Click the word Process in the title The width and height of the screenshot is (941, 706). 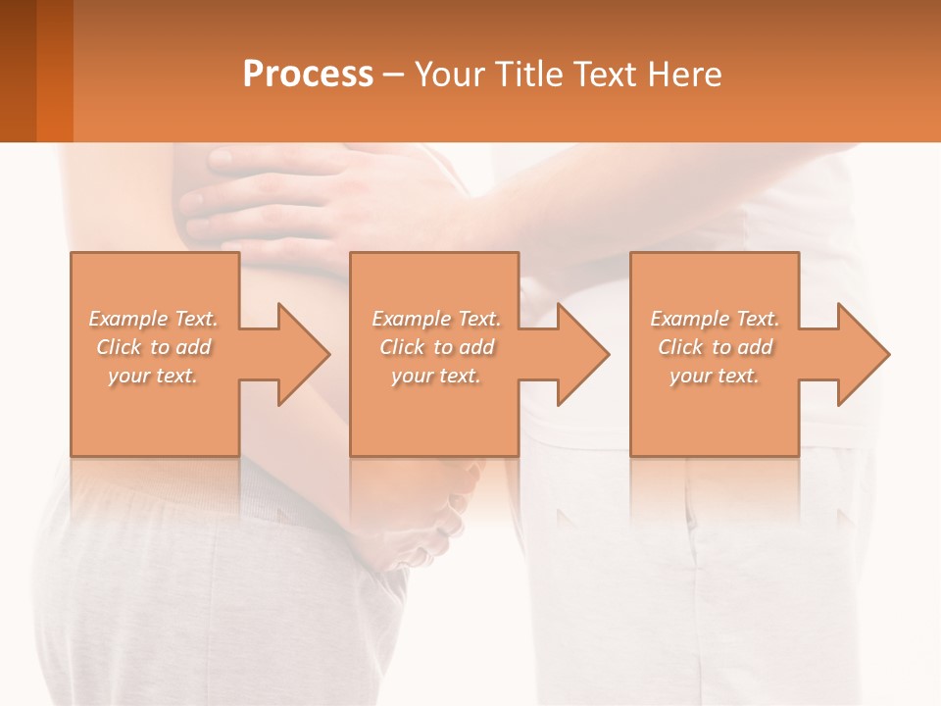click(x=308, y=75)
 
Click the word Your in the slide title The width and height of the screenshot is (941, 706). click(x=452, y=75)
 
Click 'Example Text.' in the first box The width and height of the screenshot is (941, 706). click(x=154, y=319)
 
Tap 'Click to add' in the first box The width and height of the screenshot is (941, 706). click(x=154, y=347)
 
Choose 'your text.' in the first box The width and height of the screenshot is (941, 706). click(x=154, y=376)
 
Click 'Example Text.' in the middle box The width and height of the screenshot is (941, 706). click(x=436, y=319)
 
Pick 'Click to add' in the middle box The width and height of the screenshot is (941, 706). click(x=436, y=347)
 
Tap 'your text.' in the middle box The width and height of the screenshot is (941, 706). click(x=436, y=376)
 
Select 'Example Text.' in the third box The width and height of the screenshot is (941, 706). click(x=715, y=319)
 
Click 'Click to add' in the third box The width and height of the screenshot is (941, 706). click(x=715, y=347)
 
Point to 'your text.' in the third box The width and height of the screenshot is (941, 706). click(x=715, y=376)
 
